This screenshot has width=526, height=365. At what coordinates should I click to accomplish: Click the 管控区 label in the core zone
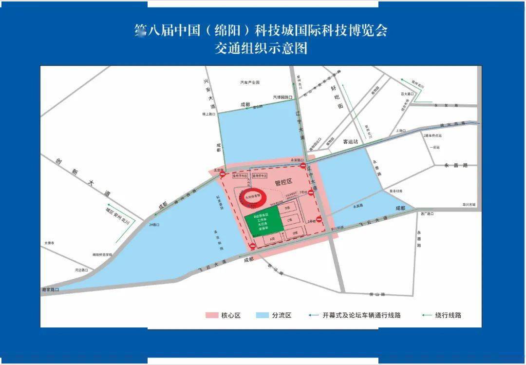pyautogui.click(x=283, y=182)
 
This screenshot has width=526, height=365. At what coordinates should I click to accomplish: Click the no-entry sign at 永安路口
pyautogui.click(x=303, y=166)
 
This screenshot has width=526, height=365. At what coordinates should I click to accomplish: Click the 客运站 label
pyautogui.click(x=351, y=141)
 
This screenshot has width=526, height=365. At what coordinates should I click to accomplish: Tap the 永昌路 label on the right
pyautogui.click(x=456, y=165)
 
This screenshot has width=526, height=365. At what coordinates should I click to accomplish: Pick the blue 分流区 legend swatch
pyautogui.click(x=262, y=315)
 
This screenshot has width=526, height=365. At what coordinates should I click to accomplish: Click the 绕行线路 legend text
pyautogui.click(x=449, y=315)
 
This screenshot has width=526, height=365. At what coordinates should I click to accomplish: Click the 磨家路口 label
pyautogui.click(x=50, y=290)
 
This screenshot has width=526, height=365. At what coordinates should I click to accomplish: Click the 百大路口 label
pyautogui.click(x=407, y=94)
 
